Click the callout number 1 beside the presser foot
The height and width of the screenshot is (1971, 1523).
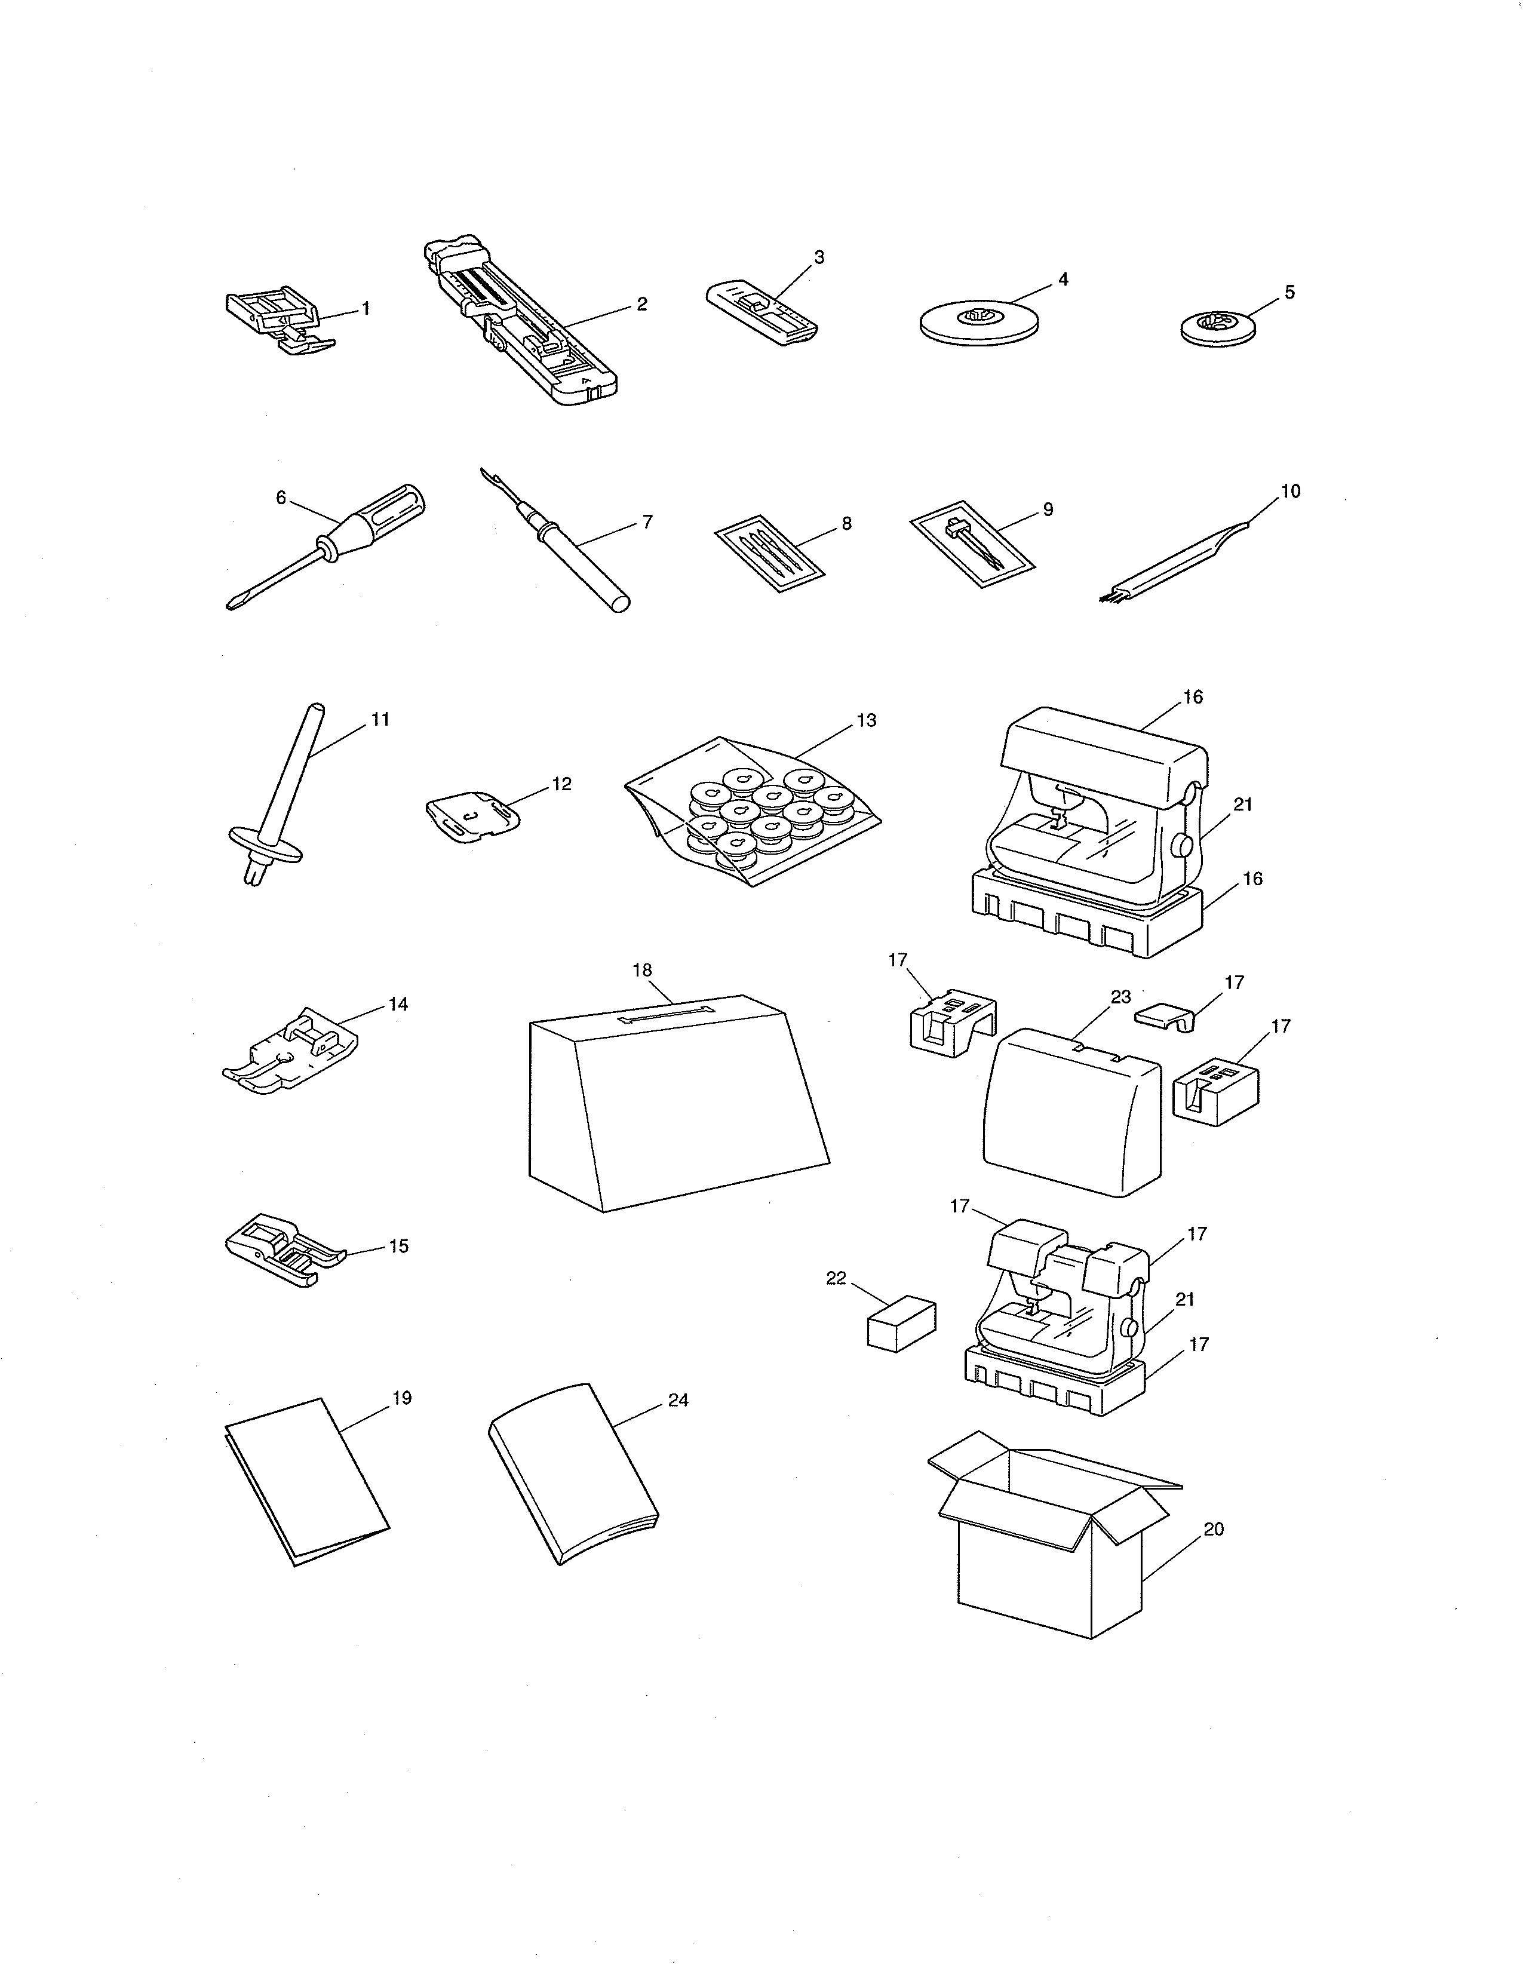366,309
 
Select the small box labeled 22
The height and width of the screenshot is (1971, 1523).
901,1325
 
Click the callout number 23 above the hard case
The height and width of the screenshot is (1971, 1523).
1120,997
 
